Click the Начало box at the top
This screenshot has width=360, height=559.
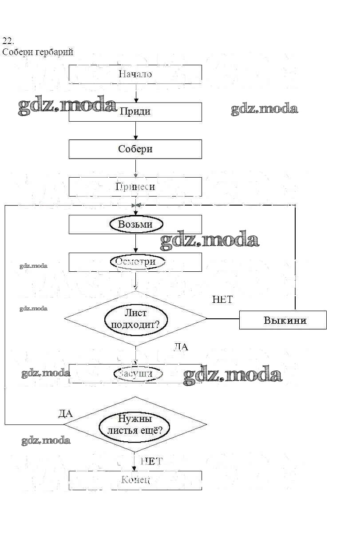135,74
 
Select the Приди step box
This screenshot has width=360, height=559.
135,111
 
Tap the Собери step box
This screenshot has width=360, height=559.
135,149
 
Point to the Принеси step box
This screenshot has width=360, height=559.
135,187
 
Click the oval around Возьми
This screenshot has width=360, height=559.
135,224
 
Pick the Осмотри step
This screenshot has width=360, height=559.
135,262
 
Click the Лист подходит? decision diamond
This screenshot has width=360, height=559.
135,318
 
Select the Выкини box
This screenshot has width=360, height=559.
283,320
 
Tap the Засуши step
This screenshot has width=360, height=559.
135,373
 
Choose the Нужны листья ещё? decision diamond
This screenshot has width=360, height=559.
135,424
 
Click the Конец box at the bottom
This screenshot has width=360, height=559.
135,480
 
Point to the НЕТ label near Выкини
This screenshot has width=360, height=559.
222,300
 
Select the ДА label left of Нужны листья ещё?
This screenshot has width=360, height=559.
65,414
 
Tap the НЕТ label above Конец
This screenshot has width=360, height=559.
151,461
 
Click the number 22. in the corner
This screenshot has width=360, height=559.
8,41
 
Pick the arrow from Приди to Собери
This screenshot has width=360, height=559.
135,131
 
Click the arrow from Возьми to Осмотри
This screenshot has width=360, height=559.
135,243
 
